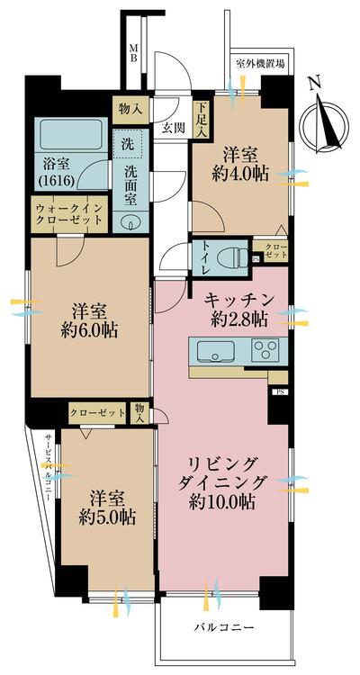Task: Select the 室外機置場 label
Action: [x=260, y=64]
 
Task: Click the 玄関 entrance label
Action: [x=173, y=128]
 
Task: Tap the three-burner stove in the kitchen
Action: [x=267, y=349]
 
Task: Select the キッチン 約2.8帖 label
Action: [x=239, y=309]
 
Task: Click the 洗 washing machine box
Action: [x=125, y=144]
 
